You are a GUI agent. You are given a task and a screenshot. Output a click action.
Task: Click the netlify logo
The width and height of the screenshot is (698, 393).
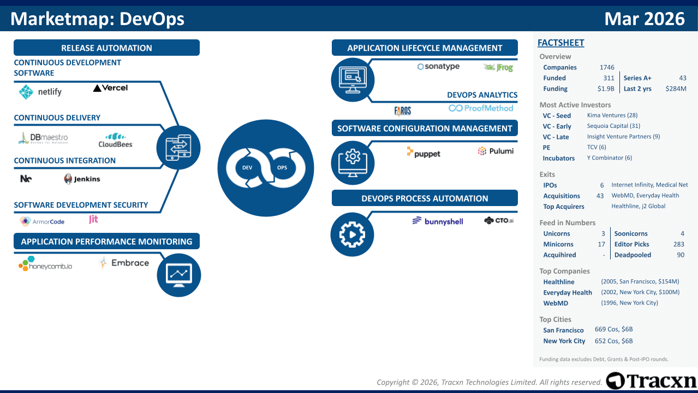(x=40, y=92)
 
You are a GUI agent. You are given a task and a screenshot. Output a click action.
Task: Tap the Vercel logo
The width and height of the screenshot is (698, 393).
(x=110, y=88)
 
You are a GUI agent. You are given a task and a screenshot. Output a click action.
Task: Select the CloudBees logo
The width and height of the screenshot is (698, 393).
(x=116, y=140)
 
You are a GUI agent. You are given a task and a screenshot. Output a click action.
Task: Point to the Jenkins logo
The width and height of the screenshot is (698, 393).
(x=82, y=179)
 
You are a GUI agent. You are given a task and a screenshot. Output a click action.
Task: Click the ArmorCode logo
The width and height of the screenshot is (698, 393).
(x=42, y=221)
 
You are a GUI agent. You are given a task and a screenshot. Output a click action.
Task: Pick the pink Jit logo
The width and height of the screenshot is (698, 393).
(x=93, y=219)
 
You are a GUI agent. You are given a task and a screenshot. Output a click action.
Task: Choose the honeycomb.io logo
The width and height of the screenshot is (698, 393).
(x=45, y=264)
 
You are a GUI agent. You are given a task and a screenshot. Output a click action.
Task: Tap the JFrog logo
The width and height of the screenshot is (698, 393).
(x=498, y=67)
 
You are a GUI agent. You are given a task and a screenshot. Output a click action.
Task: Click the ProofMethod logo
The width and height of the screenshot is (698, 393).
(x=481, y=108)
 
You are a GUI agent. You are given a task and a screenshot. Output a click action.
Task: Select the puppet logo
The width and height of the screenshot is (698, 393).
(x=423, y=152)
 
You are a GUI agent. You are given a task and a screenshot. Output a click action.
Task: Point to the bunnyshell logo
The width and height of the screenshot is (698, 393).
(x=438, y=221)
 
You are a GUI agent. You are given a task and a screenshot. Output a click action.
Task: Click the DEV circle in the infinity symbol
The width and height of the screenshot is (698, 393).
(x=247, y=168)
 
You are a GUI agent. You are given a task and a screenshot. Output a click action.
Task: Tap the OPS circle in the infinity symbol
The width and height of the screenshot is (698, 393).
(x=282, y=168)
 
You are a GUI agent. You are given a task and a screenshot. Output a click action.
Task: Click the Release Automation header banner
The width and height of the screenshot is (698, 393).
(x=106, y=48)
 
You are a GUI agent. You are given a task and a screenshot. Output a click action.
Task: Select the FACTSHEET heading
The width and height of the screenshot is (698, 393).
(x=561, y=43)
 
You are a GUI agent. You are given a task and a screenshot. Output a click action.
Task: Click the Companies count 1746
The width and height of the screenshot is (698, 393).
(x=607, y=67)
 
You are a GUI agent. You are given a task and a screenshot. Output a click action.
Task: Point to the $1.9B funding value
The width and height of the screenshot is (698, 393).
(x=606, y=89)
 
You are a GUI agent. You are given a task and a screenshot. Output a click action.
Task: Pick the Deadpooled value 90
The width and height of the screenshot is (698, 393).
(x=681, y=255)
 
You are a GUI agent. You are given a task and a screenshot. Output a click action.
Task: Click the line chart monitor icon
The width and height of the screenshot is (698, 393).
(x=179, y=275)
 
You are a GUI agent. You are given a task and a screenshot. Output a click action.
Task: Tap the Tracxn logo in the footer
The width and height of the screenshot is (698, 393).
(x=651, y=380)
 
